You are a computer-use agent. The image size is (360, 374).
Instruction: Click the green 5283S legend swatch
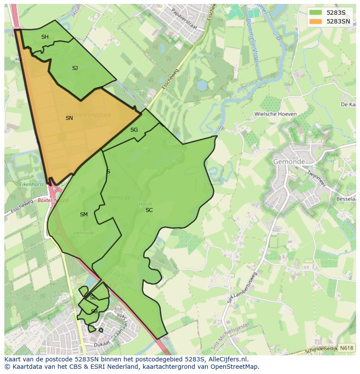point(316,13)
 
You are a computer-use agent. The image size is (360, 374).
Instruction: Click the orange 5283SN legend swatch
point(316,21)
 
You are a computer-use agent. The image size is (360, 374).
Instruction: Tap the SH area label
point(45,37)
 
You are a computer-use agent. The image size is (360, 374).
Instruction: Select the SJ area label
point(75,68)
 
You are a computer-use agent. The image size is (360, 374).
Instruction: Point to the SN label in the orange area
point(69,118)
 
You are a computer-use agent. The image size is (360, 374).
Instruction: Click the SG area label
point(134,130)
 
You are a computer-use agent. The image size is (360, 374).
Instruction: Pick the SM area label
point(84,215)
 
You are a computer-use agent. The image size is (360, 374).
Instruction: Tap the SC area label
point(149,210)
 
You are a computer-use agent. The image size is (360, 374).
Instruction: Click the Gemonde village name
point(289,162)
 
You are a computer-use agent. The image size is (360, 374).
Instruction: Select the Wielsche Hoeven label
point(276,114)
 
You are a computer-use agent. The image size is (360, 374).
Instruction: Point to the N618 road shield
point(346,348)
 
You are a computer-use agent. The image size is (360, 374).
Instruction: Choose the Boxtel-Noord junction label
point(53,201)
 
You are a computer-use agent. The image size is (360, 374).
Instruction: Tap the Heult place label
point(145,204)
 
